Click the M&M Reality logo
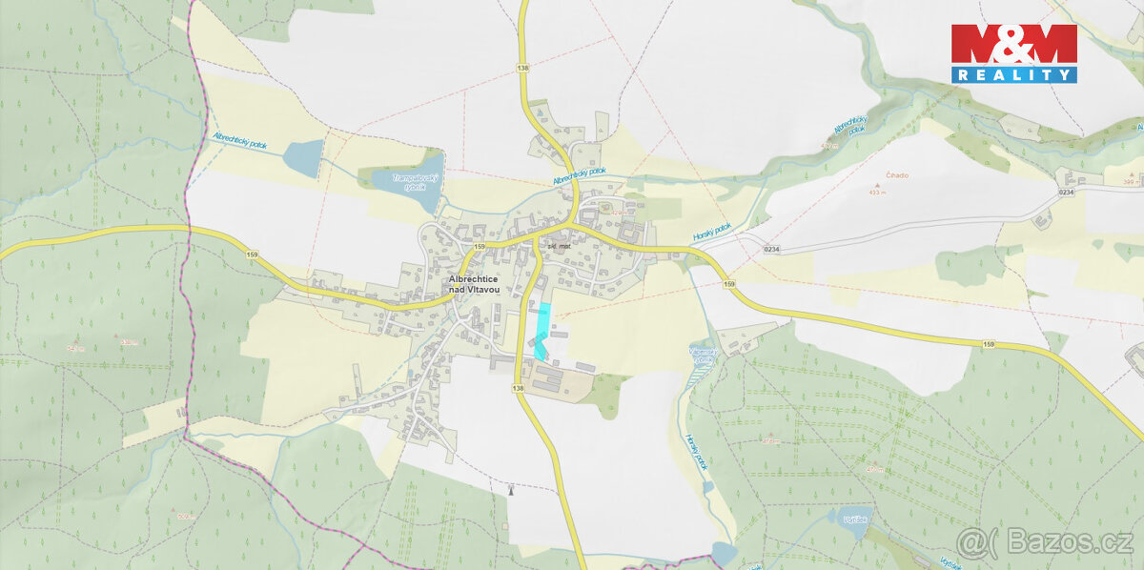coord(1013,53)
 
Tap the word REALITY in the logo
coord(1013,74)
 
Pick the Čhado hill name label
coord(896,175)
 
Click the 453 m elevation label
coord(877,192)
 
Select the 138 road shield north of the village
coord(522,68)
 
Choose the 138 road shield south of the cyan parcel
coord(518,389)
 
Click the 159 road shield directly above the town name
coord(479,247)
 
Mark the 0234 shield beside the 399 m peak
coord(1066,193)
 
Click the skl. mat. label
coord(558,246)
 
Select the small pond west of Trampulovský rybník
coord(305,158)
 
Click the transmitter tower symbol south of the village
coord(512,490)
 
